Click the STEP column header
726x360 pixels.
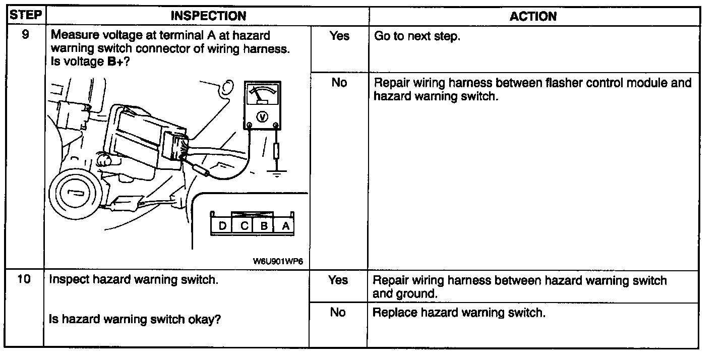(x=26, y=15)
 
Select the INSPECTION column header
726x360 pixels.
(x=208, y=16)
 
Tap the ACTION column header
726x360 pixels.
(x=533, y=16)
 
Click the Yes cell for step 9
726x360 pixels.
(x=339, y=36)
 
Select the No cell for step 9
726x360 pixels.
(x=339, y=82)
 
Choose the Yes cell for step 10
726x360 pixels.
(x=338, y=280)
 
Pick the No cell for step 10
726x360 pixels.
(x=338, y=313)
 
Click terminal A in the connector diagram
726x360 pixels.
(x=285, y=226)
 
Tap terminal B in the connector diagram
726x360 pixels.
(x=264, y=226)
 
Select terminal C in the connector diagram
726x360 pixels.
(x=244, y=226)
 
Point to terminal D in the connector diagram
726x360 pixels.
(x=222, y=226)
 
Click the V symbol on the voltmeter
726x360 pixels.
(x=262, y=117)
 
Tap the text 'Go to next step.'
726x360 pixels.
(x=417, y=37)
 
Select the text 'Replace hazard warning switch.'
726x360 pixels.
(x=459, y=313)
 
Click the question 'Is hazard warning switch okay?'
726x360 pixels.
(x=135, y=319)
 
